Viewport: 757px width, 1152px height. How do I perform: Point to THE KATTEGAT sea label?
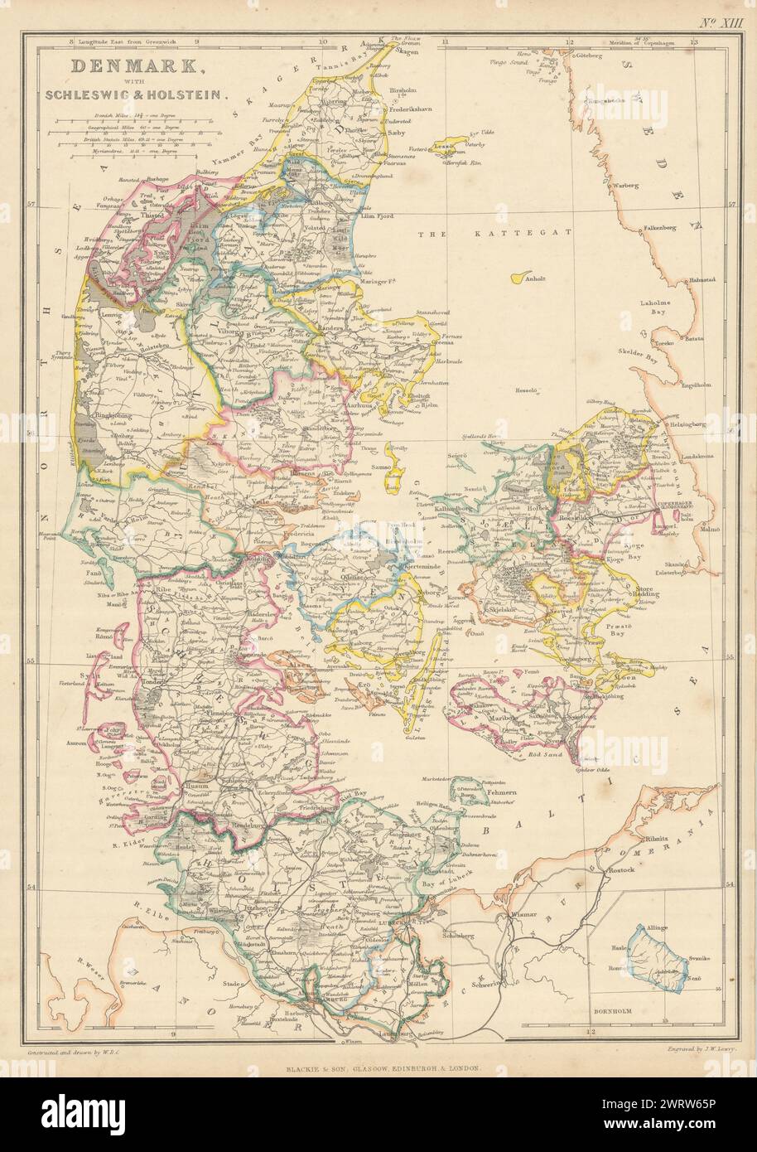(495, 235)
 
